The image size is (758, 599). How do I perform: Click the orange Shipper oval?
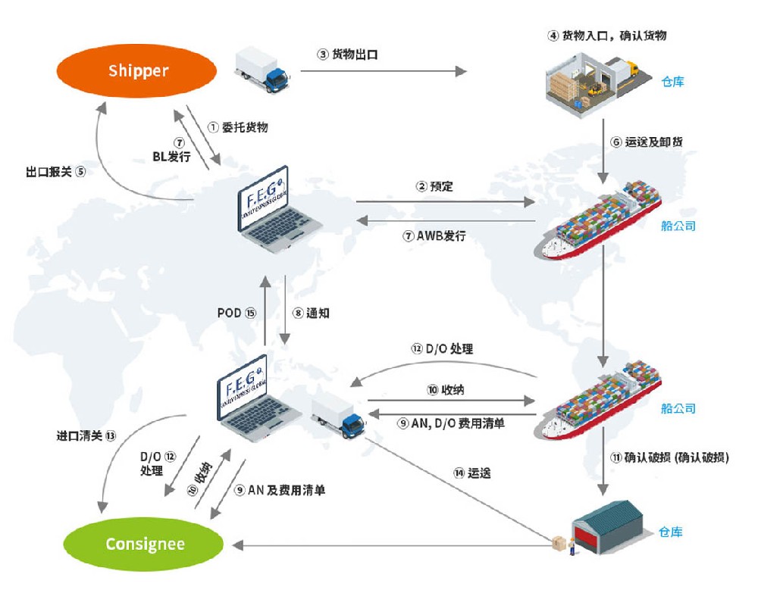click(x=138, y=71)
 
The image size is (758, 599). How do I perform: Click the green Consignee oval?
click(x=145, y=544)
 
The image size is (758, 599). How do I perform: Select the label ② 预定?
click(x=434, y=186)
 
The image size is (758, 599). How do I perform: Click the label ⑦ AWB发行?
click(x=434, y=236)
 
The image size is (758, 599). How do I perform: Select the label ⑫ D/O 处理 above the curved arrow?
click(x=442, y=349)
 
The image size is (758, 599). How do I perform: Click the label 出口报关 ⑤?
click(x=56, y=172)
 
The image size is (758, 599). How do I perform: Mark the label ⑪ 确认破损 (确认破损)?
click(x=669, y=457)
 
